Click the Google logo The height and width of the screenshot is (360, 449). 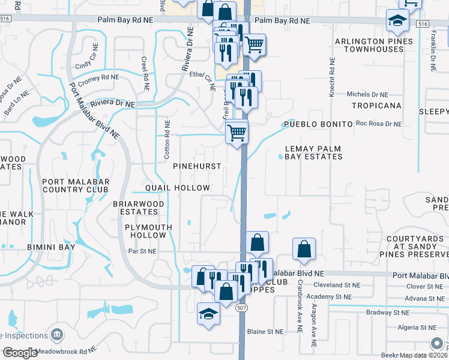click(x=20, y=353)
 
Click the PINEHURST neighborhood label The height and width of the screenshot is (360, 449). click(x=197, y=166)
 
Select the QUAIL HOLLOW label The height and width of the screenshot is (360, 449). click(x=176, y=188)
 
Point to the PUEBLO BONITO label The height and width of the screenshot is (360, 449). click(x=318, y=124)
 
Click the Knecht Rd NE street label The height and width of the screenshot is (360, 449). click(x=331, y=77)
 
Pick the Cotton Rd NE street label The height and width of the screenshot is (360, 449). click(x=167, y=140)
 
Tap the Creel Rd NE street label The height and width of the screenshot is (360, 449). click(x=144, y=74)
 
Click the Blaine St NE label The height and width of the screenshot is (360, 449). click(x=265, y=331)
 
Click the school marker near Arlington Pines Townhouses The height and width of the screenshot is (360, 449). click(x=397, y=22)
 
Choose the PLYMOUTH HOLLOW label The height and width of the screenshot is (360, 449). click(x=148, y=231)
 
